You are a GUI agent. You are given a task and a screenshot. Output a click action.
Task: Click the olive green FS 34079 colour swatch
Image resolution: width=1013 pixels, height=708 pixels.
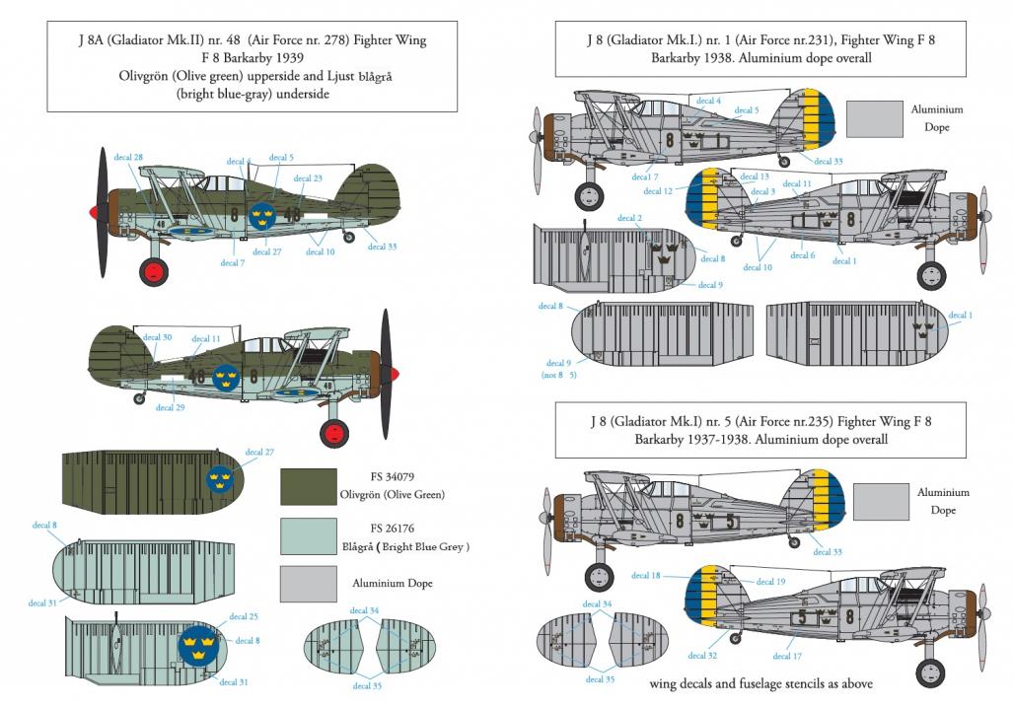pos(308,486)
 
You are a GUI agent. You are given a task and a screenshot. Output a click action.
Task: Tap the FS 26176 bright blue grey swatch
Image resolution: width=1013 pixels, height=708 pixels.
pos(308,536)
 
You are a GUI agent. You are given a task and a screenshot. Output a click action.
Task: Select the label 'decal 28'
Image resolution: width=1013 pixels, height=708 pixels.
pos(128,157)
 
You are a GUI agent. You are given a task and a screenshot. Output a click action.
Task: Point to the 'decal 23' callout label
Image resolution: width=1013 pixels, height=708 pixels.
pos(308,178)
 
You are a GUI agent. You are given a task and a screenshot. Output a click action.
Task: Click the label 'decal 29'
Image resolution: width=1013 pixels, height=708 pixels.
pos(170,407)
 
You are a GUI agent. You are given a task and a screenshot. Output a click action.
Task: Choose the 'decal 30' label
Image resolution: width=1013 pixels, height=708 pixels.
pos(157,337)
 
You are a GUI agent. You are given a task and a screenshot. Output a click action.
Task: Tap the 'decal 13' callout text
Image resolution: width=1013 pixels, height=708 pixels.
pos(755,177)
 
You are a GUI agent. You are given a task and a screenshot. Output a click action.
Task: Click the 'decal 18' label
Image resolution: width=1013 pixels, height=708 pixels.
pos(645,576)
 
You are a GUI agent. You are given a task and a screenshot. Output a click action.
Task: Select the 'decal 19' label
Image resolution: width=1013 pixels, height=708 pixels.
pos(770,582)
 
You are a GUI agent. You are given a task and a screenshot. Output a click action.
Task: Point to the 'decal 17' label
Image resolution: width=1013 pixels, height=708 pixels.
pos(787,657)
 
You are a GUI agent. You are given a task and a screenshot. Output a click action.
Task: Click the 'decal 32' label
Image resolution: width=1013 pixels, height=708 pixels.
pos(702,656)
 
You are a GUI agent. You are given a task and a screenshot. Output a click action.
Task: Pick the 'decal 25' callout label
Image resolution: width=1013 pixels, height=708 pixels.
pos(244,617)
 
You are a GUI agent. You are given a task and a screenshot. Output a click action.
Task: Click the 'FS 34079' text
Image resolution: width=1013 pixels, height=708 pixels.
pos(393,476)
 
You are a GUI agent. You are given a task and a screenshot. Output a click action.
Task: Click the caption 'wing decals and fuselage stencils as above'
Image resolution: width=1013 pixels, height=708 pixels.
pos(761,683)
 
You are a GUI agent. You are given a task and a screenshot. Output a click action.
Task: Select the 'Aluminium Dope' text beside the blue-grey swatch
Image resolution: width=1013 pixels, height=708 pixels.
pos(393,584)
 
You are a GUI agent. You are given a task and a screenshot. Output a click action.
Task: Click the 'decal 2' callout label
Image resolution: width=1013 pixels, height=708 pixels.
pos(629,218)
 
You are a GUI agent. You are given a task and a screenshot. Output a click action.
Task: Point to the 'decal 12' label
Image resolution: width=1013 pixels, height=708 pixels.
pos(658,191)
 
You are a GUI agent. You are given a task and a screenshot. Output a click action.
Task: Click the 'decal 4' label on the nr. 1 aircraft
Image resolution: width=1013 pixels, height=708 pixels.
pos(709,101)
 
